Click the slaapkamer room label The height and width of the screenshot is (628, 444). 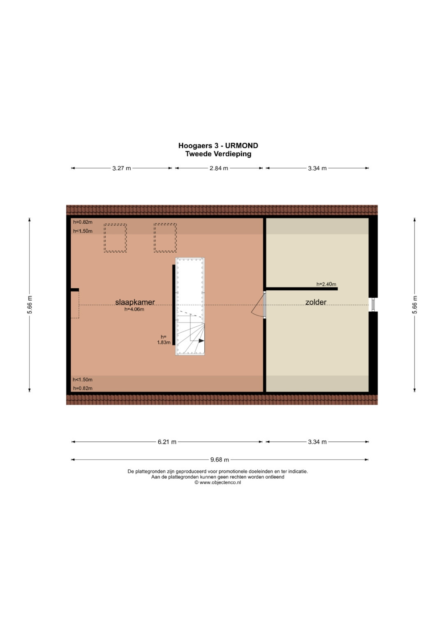click(135, 302)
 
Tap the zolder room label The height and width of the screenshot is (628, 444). click(316, 302)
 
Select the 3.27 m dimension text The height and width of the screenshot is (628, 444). click(122, 168)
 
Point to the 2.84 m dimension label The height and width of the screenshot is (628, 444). click(219, 168)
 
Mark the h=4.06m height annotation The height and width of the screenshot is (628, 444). click(134, 310)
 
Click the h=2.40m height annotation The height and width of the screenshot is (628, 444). click(326, 284)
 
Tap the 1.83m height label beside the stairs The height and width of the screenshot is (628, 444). click(164, 342)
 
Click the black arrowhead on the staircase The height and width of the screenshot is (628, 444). click(201, 341)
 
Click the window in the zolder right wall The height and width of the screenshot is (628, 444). click(373, 305)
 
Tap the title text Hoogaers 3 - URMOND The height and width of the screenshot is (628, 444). click(218, 146)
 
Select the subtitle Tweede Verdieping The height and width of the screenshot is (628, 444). click(218, 154)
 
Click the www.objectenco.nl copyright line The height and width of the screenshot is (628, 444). click(218, 482)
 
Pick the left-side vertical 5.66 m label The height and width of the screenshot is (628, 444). click(30, 305)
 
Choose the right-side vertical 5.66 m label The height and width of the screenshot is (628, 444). click(415, 305)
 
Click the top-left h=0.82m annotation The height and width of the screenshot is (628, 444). click(83, 222)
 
